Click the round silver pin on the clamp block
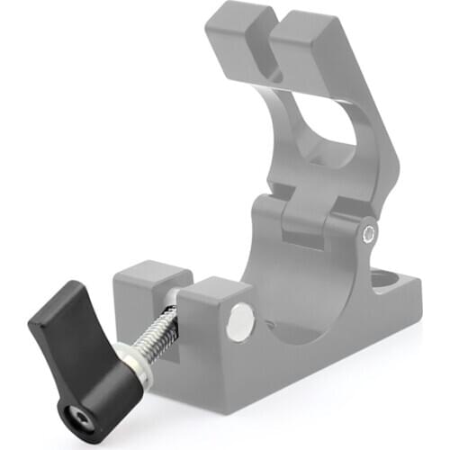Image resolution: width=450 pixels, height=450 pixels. coord(239,321)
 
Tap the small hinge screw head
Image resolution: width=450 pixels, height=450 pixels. coord(369,235)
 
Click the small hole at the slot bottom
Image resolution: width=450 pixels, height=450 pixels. coord(276,77)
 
